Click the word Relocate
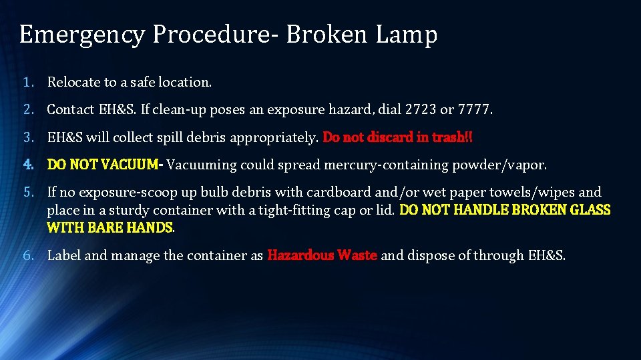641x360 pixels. point(73,83)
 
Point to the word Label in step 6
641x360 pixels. point(64,255)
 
